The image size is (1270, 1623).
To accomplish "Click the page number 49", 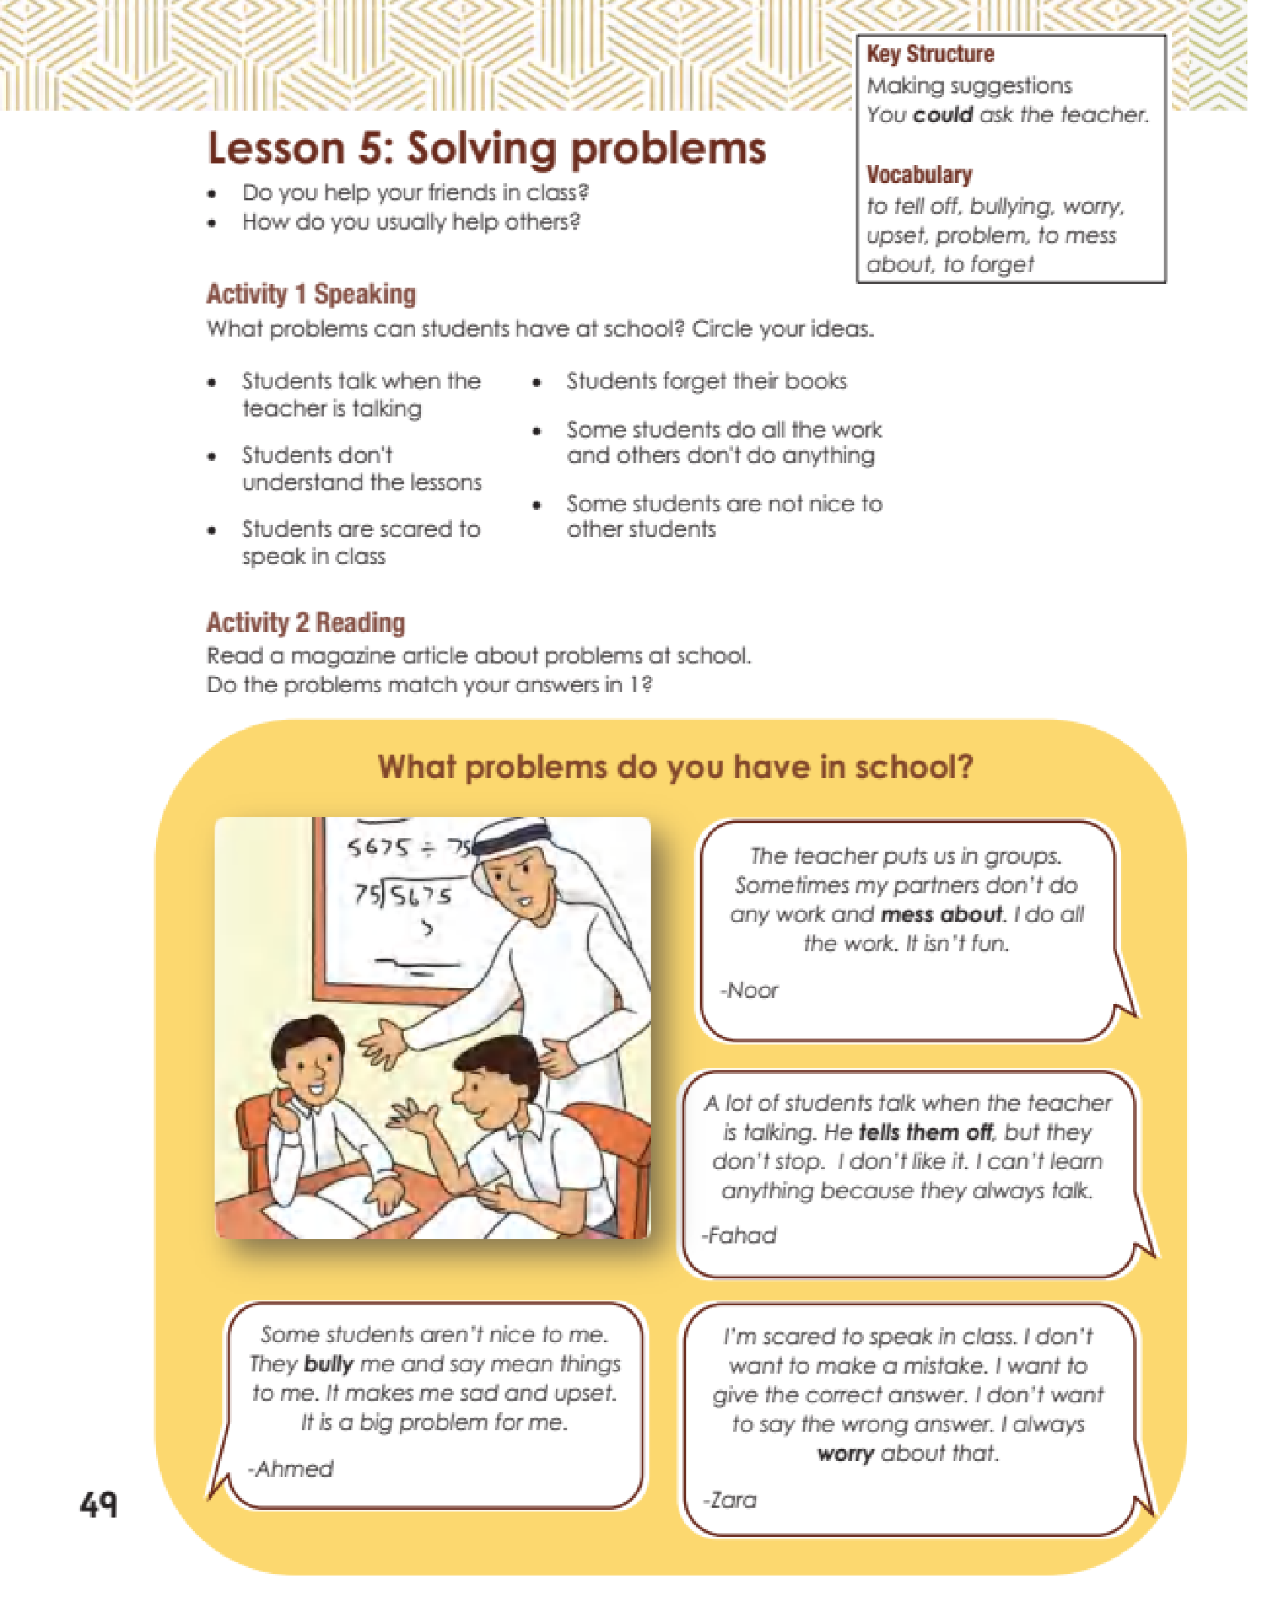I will pos(99,1504).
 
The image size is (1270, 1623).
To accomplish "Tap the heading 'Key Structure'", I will pos(930,54).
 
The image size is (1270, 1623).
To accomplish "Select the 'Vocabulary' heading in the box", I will pos(919,175).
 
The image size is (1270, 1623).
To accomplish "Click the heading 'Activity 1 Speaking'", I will pos(311,294).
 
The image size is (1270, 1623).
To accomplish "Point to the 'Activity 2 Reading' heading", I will pos(306,623).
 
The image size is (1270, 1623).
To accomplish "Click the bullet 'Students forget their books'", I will pos(706,381).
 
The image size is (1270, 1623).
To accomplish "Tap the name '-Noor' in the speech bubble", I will pos(749,990).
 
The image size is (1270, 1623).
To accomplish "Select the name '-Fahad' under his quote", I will pos(739,1235).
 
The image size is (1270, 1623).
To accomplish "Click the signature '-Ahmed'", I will pos(291,1468).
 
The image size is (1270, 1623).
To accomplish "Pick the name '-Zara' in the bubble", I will pos(730,1499).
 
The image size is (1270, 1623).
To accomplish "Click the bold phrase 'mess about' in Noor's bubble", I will pos(942,914).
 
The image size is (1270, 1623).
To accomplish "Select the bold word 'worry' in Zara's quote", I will pos(845,1453).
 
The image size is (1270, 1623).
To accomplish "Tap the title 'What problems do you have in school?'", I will pos(675,767).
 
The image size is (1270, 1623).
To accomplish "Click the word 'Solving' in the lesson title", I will pos(484,148).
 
